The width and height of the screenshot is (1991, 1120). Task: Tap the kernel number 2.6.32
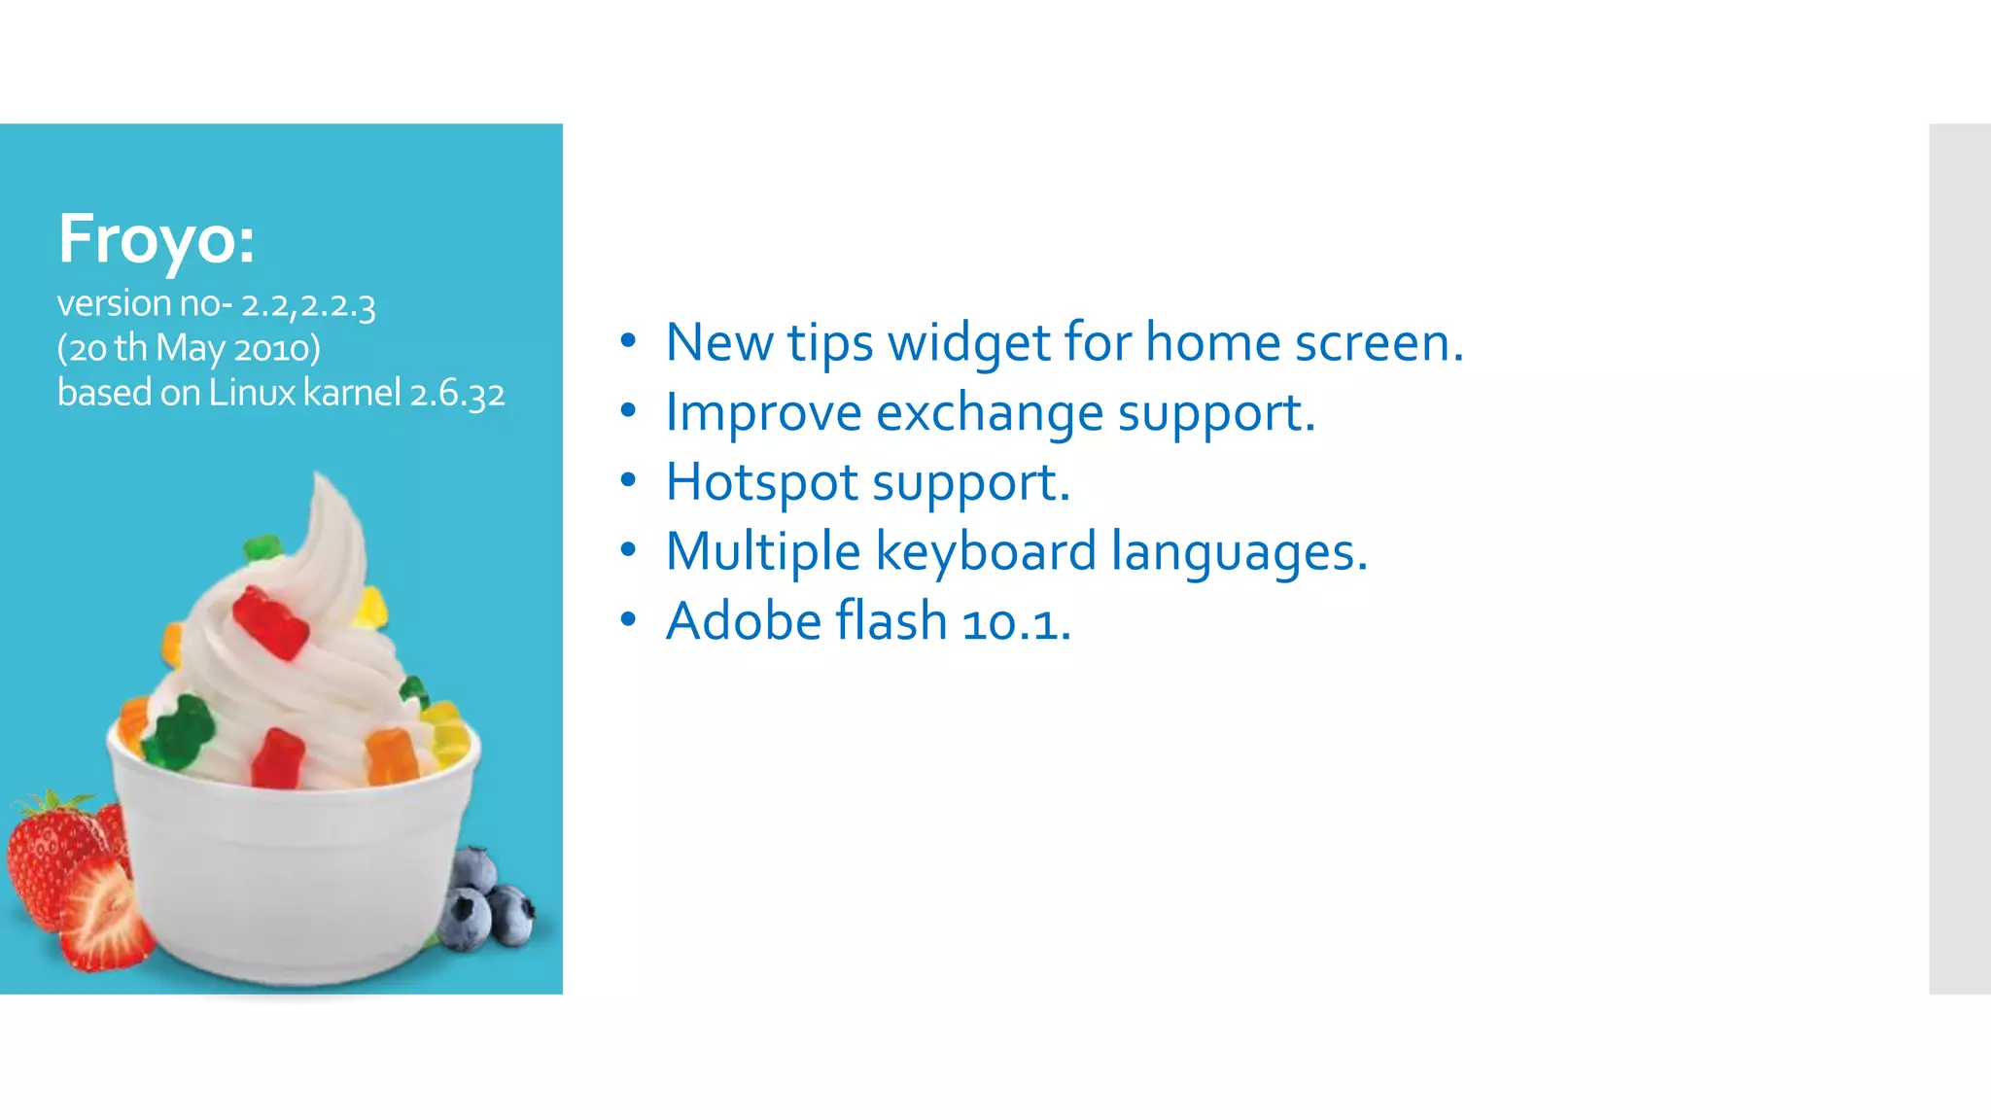click(457, 394)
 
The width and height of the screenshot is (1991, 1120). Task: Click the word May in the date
click(191, 348)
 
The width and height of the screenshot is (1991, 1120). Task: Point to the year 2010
click(276, 348)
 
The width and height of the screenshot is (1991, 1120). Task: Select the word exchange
click(989, 413)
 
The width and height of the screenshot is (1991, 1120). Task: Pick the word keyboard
click(986, 552)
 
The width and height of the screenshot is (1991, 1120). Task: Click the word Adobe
click(744, 621)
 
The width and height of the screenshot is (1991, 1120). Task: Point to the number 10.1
click(1015, 622)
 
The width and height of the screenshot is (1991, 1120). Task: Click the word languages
click(1239, 552)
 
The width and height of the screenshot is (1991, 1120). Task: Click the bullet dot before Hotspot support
click(628, 480)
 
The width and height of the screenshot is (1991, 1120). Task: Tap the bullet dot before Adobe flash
click(628, 619)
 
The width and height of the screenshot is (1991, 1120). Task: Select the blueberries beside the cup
click(486, 899)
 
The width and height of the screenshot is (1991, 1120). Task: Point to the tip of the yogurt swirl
click(320, 478)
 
